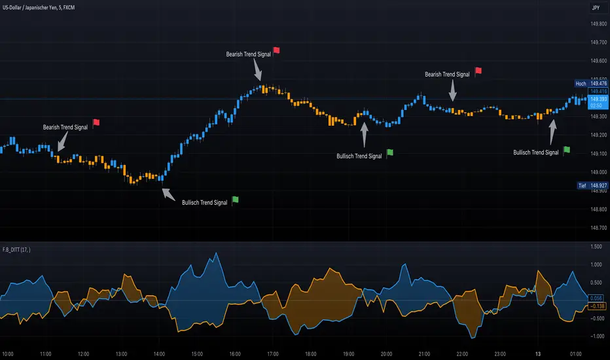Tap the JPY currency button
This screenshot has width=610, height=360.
point(596,9)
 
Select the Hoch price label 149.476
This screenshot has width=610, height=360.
point(589,84)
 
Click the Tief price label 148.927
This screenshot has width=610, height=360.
point(589,186)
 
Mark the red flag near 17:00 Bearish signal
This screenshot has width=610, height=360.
point(276,50)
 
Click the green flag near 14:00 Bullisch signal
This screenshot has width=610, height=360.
point(236,200)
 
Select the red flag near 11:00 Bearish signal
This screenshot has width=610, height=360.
point(96,122)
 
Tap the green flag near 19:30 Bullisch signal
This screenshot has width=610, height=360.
point(390,153)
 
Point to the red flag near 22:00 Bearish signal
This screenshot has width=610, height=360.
point(478,71)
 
